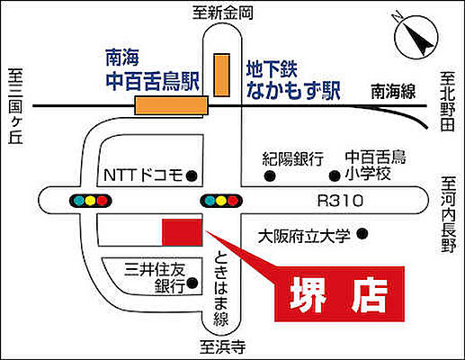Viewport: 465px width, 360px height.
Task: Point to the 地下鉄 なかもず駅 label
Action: point(289,78)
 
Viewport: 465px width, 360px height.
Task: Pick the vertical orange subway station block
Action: point(220,74)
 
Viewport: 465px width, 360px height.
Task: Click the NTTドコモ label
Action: point(143,174)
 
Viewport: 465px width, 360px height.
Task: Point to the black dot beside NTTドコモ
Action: point(192,175)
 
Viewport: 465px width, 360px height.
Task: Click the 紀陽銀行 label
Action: point(293,158)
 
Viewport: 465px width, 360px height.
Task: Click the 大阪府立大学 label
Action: point(305,237)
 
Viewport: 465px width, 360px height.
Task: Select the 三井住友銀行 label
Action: point(156,276)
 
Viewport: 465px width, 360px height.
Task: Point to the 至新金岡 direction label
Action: point(223,13)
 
